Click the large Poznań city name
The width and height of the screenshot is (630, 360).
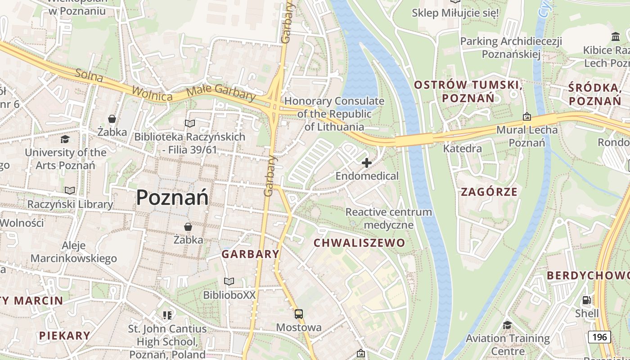(x=172, y=197)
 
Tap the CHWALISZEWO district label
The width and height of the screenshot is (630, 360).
(x=359, y=243)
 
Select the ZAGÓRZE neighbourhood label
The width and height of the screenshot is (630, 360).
(x=489, y=192)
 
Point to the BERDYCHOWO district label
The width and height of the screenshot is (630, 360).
(x=588, y=275)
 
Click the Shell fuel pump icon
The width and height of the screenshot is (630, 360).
(x=586, y=300)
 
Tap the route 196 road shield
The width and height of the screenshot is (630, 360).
(x=599, y=337)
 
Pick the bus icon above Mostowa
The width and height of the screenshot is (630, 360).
(x=299, y=314)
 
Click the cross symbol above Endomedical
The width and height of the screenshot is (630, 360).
(x=367, y=163)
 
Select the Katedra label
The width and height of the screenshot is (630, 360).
(x=462, y=148)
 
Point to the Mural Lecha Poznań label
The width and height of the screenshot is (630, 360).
(x=526, y=136)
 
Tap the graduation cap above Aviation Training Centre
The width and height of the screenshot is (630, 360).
(x=507, y=325)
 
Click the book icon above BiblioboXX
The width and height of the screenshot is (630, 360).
(x=229, y=282)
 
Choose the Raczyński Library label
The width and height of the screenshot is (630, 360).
(x=70, y=204)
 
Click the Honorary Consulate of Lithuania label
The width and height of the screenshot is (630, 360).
(x=334, y=114)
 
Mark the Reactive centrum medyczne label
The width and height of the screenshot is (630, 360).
(x=388, y=218)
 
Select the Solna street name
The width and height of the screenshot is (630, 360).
(x=89, y=76)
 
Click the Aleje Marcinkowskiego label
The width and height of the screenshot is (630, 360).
(x=74, y=252)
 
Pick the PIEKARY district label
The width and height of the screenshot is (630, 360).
(x=64, y=335)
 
